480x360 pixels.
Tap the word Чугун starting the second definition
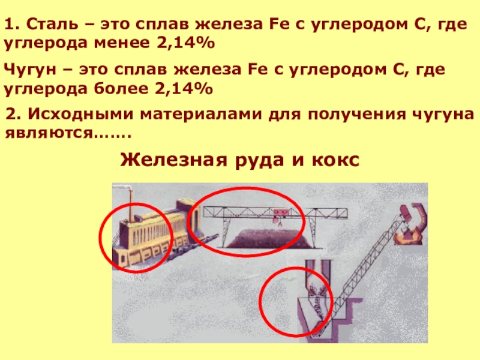click(30, 70)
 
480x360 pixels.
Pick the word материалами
click(201, 115)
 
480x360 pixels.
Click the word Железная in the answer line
click(173, 160)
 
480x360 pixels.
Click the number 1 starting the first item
click(10, 24)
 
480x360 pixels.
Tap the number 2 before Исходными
click(11, 114)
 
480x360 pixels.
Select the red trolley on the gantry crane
click(279, 212)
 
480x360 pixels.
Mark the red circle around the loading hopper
click(260, 302)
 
